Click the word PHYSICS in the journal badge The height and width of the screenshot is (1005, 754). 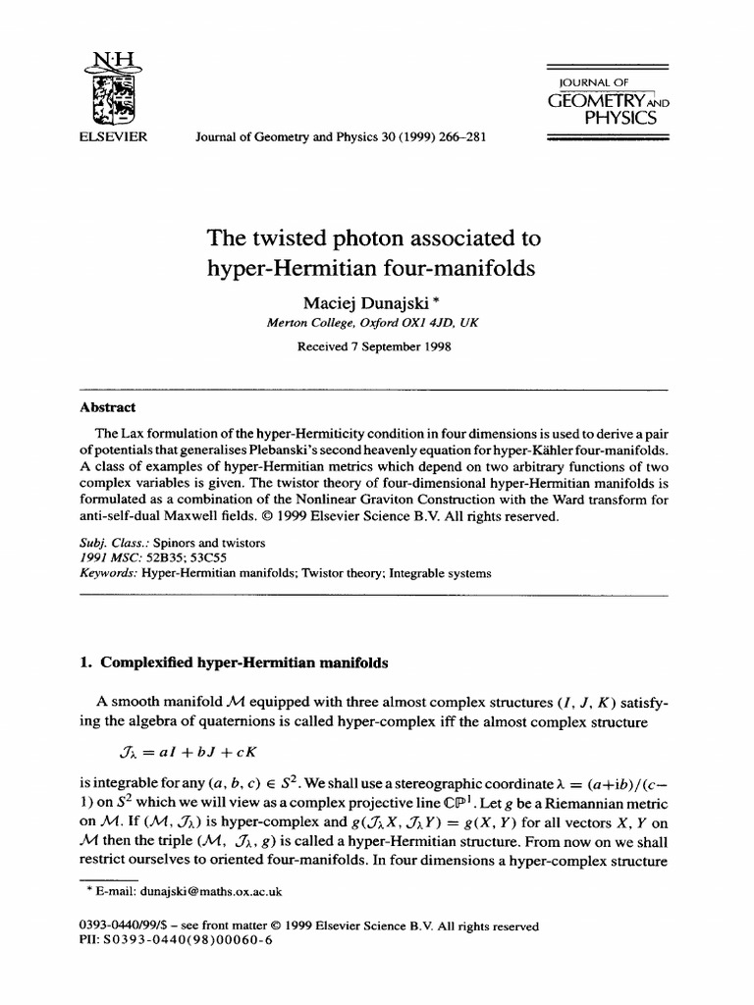(x=620, y=119)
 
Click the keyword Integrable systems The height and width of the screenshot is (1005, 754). (x=441, y=572)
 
